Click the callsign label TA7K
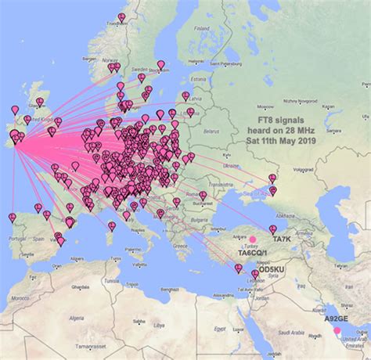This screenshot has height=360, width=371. click(x=280, y=238)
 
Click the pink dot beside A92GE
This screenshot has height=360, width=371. click(x=337, y=330)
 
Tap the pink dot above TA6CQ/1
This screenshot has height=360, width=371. click(x=253, y=239)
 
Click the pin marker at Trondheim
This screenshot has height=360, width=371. click(x=121, y=17)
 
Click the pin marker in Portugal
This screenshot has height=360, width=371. click(x=12, y=217)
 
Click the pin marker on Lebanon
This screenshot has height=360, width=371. click(x=255, y=274)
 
